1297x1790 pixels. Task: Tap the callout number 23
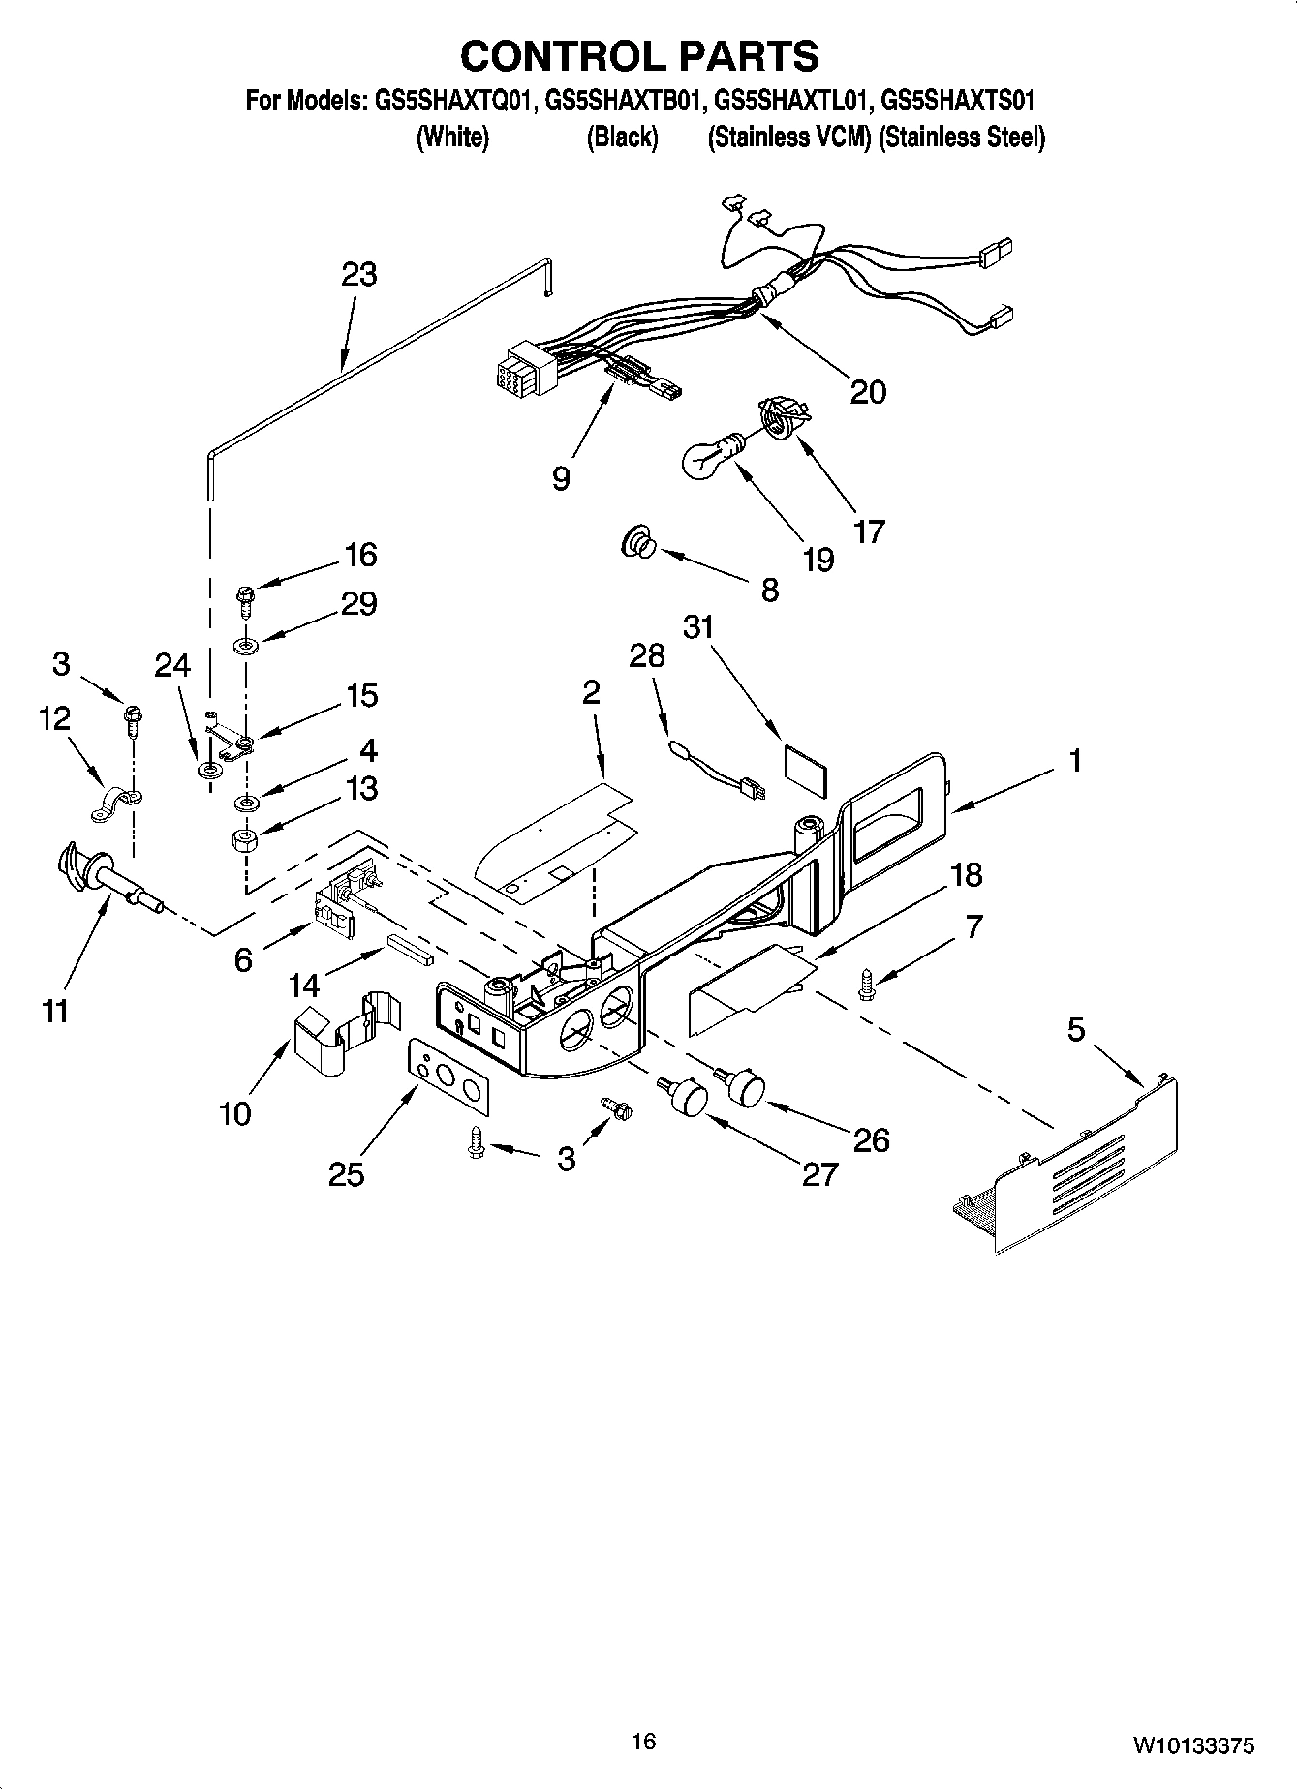pos(358,274)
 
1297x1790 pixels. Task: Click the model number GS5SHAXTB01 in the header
pos(620,101)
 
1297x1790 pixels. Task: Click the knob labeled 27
pos(686,1098)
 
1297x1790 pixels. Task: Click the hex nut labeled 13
pos(244,838)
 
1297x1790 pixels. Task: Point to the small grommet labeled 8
pos(638,545)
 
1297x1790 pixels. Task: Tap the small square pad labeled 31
pos(806,764)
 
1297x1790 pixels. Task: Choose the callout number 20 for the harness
pos(867,392)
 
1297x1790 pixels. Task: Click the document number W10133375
pos(1193,1745)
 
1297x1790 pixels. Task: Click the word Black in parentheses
pos(622,137)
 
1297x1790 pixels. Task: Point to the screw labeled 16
pos(244,600)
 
